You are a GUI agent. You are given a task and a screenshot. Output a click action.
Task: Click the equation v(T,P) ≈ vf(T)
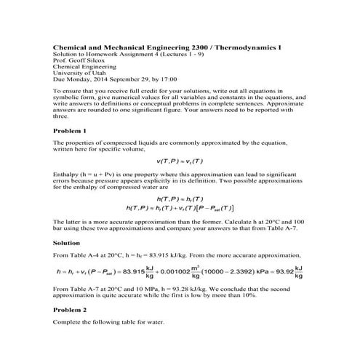(x=180, y=160)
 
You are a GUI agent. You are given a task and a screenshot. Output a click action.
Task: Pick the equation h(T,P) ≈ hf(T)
(x=180, y=199)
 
